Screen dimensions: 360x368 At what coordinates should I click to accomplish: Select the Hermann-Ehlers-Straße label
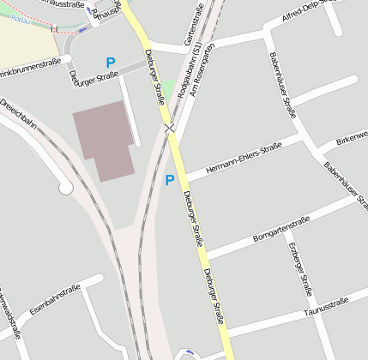[247, 155]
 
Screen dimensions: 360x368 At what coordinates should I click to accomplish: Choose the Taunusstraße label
[326, 309]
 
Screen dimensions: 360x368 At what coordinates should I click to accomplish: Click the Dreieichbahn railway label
[19, 115]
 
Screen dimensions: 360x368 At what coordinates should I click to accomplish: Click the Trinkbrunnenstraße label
[29, 66]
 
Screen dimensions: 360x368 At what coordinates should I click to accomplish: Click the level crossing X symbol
[170, 128]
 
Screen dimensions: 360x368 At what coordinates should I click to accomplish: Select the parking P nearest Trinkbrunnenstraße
[110, 62]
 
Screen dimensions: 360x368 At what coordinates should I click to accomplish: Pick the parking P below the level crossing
[169, 180]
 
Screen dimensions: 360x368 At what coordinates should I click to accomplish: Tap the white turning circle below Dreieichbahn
[65, 186]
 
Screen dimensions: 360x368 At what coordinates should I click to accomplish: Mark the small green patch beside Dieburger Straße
[170, 88]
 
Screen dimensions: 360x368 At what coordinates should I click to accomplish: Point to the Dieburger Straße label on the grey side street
[94, 77]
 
